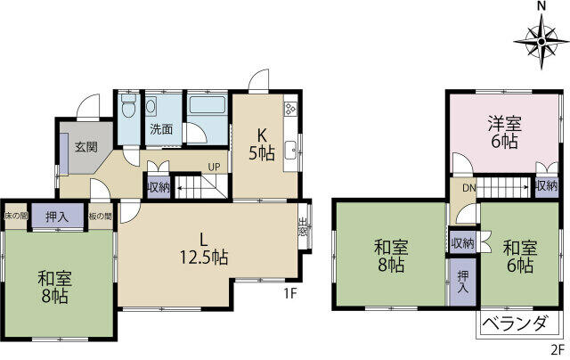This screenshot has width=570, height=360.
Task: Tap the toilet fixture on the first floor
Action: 128,105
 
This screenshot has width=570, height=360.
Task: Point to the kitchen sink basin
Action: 291,151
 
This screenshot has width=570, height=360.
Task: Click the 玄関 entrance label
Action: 86,147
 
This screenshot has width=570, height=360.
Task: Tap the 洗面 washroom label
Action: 161,129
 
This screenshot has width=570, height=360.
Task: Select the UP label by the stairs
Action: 214,167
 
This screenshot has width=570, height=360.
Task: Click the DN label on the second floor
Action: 469,188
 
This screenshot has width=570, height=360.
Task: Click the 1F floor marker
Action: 291,293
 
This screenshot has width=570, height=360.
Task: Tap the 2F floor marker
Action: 558,350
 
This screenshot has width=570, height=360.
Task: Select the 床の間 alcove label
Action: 16,216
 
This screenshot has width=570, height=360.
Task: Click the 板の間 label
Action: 101,217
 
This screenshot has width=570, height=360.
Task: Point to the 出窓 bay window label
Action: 303,226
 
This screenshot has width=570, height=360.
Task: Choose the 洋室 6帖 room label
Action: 505,133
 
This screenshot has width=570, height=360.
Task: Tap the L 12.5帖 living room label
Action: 204,249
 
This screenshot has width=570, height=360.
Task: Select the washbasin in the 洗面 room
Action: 151,106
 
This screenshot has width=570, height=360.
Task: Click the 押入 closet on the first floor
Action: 57,217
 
